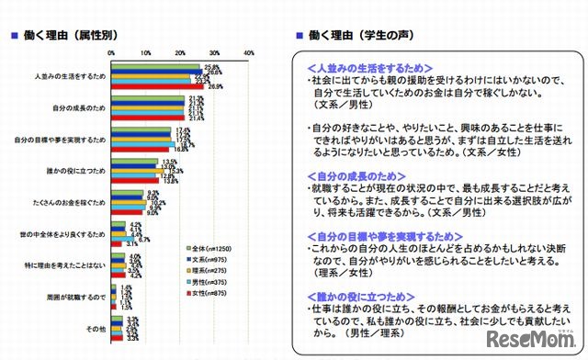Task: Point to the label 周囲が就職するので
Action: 80,296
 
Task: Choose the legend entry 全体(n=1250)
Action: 217,250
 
